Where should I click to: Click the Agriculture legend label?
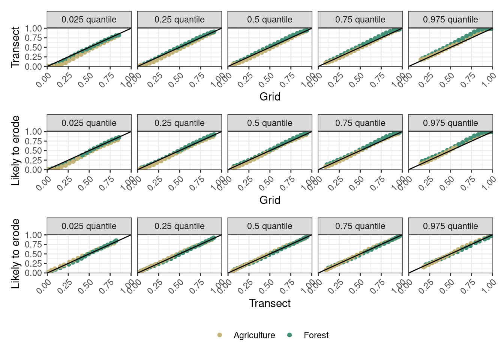coord(254,335)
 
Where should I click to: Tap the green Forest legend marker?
coord(289,335)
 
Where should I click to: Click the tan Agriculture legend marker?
coord(219,335)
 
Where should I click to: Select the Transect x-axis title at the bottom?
coord(270,303)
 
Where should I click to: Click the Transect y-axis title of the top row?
coord(15,47)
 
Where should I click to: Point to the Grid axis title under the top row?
coord(270,97)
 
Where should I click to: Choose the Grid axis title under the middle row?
coord(270,200)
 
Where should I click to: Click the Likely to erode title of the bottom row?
coord(15,254)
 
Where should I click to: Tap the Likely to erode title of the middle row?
coord(15,150)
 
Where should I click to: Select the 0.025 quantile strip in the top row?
coord(89,19)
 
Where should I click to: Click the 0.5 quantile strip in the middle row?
coord(270,123)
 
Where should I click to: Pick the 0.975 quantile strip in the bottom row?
coord(450,226)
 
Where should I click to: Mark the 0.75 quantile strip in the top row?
coord(360,19)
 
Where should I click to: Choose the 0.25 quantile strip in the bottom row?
coord(179,226)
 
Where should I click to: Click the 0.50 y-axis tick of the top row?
coord(33,47)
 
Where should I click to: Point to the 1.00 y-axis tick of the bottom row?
coord(33,235)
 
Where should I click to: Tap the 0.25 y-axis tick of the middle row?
coord(33,160)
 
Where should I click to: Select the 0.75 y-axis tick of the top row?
coord(33,38)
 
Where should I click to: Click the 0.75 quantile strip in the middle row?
coord(360,123)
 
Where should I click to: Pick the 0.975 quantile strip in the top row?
coord(450,19)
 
